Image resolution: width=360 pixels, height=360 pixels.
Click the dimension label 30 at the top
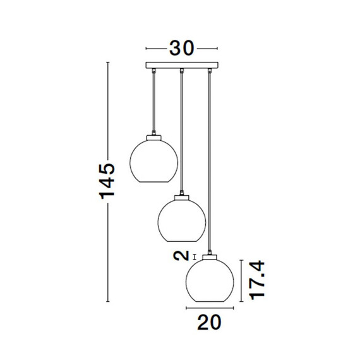click(x=182, y=49)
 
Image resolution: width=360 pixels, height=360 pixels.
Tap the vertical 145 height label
click(x=107, y=181)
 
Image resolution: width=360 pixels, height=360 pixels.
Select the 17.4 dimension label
click(x=258, y=280)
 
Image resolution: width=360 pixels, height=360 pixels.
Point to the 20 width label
click(x=209, y=322)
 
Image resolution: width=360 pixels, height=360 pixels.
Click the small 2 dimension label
click(x=181, y=256)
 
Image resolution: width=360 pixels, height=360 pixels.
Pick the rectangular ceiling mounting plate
click(x=182, y=65)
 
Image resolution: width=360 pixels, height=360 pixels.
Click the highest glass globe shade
click(x=154, y=161)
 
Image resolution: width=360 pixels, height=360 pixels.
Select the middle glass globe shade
click(x=182, y=220)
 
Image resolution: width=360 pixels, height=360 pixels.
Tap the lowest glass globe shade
click(x=210, y=280)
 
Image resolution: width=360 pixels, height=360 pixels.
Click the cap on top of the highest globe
click(x=154, y=138)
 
